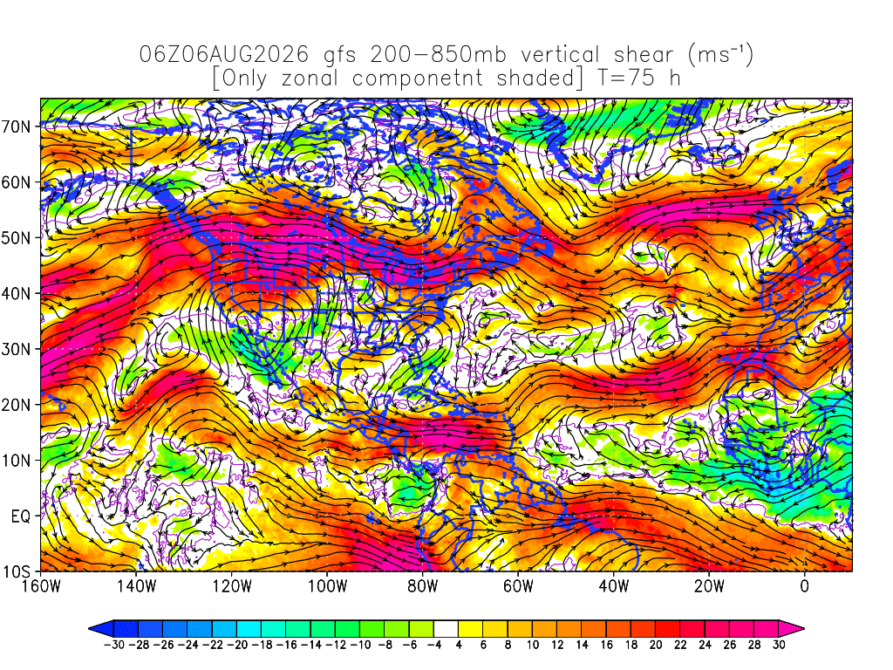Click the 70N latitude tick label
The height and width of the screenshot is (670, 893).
pyautogui.click(x=17, y=126)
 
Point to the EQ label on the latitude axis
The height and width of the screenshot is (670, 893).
pyautogui.click(x=21, y=516)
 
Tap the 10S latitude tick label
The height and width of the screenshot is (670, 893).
pyautogui.click(x=17, y=572)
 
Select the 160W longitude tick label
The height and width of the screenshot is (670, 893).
pyautogui.click(x=41, y=585)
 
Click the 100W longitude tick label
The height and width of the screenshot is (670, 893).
pyautogui.click(x=328, y=585)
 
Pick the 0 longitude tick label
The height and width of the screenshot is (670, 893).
pyautogui.click(x=805, y=585)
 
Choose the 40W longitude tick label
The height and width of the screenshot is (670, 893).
pyautogui.click(x=614, y=585)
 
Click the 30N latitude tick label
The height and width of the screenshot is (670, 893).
pyautogui.click(x=17, y=349)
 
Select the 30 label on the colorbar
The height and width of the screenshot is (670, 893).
pyautogui.click(x=779, y=645)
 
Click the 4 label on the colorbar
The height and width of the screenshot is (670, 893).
pyautogui.click(x=459, y=645)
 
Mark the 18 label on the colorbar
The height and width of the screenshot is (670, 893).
pyautogui.click(x=631, y=645)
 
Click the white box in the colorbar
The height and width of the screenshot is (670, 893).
pyautogui.click(x=446, y=629)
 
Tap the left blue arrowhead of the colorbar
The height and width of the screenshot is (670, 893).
pyautogui.click(x=101, y=629)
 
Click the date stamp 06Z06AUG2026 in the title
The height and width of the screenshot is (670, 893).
pyautogui.click(x=224, y=55)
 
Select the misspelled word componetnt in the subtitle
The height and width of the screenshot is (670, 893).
pyautogui.click(x=418, y=79)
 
